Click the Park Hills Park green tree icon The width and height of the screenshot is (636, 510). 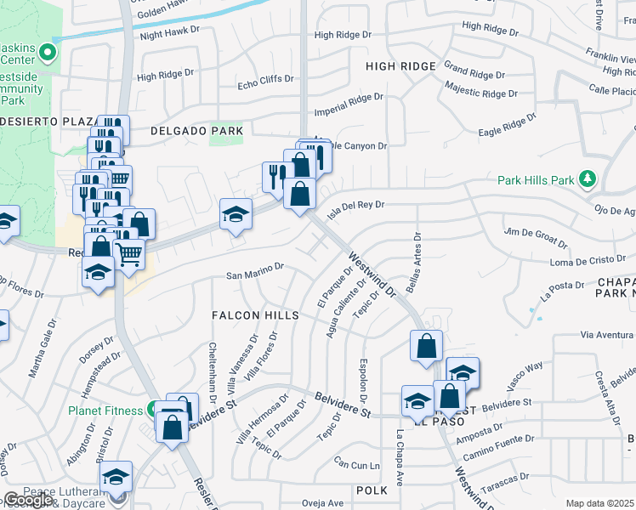(586, 179)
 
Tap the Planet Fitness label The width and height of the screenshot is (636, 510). (105, 411)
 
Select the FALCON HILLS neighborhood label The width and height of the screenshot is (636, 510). (256, 315)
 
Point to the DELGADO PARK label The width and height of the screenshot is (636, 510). (196, 131)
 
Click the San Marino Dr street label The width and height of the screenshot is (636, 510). (253, 275)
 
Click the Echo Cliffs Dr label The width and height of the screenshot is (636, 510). (265, 80)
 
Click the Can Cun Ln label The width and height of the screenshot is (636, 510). (356, 465)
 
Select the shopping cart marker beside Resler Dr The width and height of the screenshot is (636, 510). (128, 253)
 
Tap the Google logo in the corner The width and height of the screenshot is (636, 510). (28, 501)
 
